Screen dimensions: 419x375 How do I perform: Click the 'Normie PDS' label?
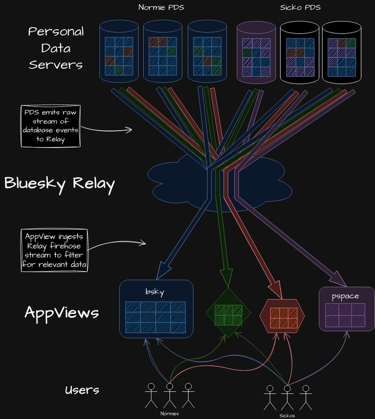161,7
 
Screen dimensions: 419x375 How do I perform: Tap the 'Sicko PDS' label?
300,7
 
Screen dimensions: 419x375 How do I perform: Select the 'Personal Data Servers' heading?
56,48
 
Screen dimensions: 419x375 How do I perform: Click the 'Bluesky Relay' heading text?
59,184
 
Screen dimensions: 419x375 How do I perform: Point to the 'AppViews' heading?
62,313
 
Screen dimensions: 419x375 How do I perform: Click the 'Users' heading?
82,390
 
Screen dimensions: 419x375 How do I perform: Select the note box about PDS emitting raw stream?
50,126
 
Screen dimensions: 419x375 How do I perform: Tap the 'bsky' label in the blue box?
155,292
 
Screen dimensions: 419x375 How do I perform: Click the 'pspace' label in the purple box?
345,296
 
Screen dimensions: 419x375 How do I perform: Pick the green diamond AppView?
228,313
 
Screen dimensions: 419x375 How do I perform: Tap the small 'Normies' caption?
169,414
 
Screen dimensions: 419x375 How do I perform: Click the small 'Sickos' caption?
287,416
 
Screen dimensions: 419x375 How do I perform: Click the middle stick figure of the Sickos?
287,396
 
